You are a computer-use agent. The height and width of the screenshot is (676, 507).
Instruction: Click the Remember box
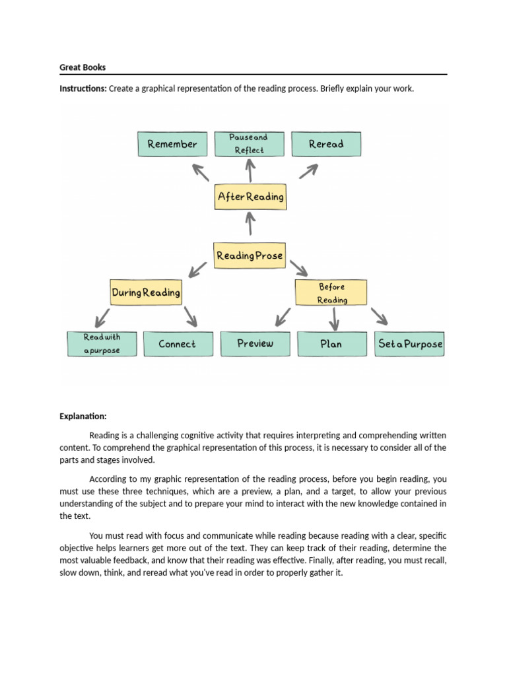tap(172, 144)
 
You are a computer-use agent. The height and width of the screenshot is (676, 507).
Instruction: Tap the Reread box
tap(326, 144)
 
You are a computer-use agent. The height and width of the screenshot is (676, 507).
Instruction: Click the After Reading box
tap(250, 197)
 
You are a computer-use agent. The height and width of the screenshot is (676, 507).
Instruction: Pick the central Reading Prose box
tap(250, 255)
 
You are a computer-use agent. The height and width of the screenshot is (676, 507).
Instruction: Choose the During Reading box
tap(146, 292)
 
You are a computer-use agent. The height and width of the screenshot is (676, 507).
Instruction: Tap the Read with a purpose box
tap(102, 344)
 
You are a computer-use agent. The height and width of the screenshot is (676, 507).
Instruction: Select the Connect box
tap(178, 344)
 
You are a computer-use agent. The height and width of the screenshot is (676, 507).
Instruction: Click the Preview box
tap(255, 344)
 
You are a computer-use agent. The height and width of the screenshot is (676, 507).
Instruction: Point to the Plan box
tap(331, 344)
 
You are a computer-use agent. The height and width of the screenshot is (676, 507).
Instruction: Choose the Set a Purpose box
tap(410, 344)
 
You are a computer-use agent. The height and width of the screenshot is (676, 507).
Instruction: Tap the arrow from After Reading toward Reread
tap(308, 171)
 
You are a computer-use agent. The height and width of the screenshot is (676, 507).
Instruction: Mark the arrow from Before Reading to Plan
tap(334, 319)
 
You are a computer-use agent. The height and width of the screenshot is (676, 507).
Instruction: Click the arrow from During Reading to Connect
tap(189, 317)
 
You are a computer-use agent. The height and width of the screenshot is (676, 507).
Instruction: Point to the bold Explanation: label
tap(83, 417)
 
